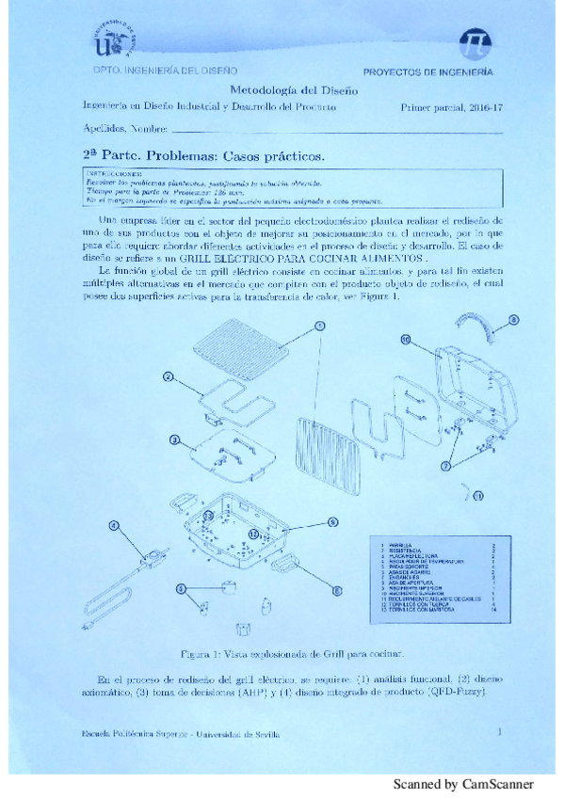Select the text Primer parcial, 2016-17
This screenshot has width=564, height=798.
pyautogui.click(x=451, y=109)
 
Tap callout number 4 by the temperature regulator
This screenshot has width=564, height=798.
pyautogui.click(x=114, y=526)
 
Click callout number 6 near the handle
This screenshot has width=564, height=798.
pyautogui.click(x=335, y=592)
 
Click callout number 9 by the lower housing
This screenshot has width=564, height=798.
pyautogui.click(x=332, y=522)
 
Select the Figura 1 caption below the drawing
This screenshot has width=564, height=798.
pyautogui.click(x=293, y=653)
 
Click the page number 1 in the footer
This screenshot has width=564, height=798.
pyautogui.click(x=499, y=729)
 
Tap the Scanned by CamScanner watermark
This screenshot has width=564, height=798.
pyautogui.click(x=462, y=783)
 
